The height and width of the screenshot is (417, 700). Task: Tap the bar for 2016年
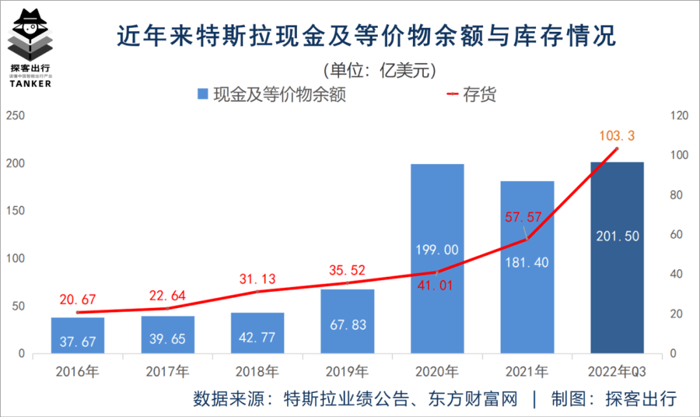[x=78, y=335]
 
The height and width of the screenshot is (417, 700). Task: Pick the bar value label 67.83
[x=347, y=325]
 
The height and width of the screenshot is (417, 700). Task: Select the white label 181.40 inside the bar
[x=527, y=262]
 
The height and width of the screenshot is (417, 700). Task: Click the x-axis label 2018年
[x=257, y=372]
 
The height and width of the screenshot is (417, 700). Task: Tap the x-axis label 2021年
[x=527, y=372]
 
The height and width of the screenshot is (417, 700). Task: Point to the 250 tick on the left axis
[x=15, y=115]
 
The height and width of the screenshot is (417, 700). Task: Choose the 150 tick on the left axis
[x=15, y=211]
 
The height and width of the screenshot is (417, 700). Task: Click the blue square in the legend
[x=202, y=95]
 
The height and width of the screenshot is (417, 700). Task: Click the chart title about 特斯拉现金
[x=366, y=36]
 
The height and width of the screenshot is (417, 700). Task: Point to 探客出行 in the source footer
[x=641, y=398]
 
